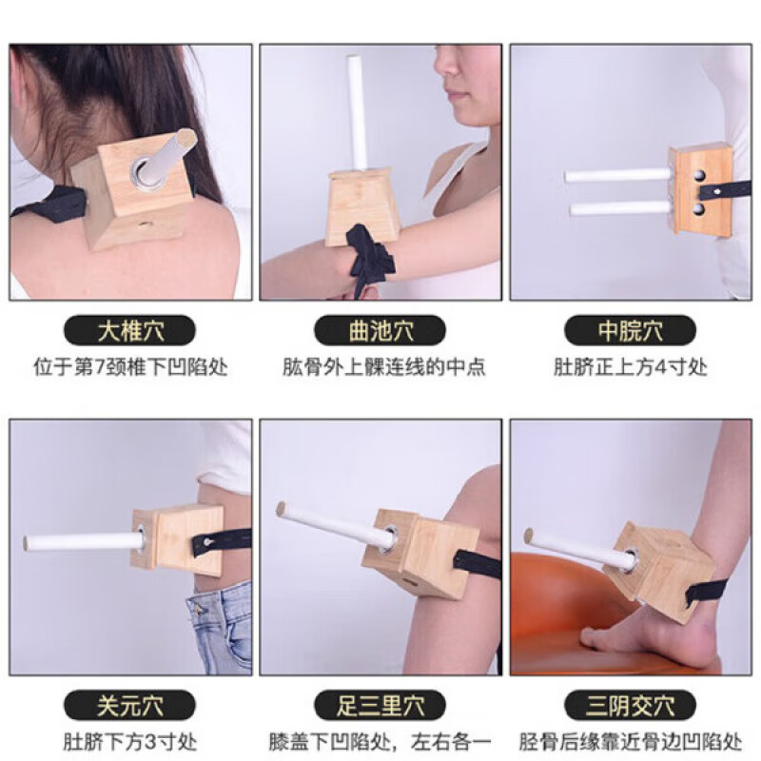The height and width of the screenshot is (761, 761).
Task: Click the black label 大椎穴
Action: [x=130, y=330]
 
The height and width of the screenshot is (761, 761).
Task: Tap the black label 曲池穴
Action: [x=380, y=330]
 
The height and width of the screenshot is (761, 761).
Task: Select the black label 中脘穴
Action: [x=630, y=330]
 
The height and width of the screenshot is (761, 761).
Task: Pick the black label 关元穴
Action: [x=130, y=705]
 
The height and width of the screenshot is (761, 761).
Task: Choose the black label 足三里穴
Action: [x=380, y=705]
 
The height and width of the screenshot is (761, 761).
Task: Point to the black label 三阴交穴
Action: [x=630, y=705]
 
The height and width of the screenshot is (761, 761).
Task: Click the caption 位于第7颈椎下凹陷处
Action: [x=130, y=366]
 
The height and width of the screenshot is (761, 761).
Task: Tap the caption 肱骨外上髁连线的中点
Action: [x=380, y=366]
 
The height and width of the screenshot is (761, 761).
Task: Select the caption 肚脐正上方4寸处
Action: [x=630, y=366]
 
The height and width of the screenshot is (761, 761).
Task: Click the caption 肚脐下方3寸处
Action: [x=130, y=741]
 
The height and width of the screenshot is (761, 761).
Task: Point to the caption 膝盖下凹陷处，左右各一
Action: [x=380, y=741]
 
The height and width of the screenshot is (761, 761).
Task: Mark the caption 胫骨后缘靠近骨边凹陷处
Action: [x=630, y=741]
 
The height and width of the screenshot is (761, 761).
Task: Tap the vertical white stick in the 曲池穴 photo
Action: [x=359, y=114]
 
